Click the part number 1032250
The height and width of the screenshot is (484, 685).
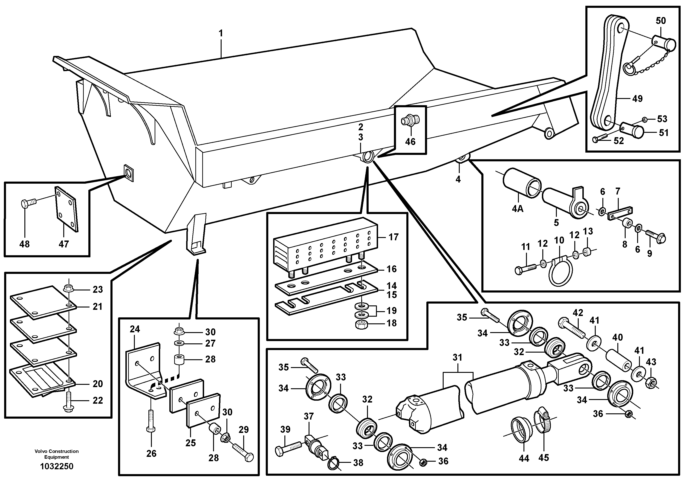tap(57, 466)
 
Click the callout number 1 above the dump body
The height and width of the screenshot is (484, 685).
tap(221, 33)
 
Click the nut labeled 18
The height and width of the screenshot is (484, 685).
tap(361, 325)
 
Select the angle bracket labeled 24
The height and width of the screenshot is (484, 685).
tap(143, 370)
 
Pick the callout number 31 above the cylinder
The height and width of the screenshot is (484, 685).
tap(457, 357)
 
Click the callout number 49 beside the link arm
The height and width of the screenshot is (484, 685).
tap(637, 99)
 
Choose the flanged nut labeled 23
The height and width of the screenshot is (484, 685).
tap(68, 289)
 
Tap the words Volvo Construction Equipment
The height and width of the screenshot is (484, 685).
tap(57, 454)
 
